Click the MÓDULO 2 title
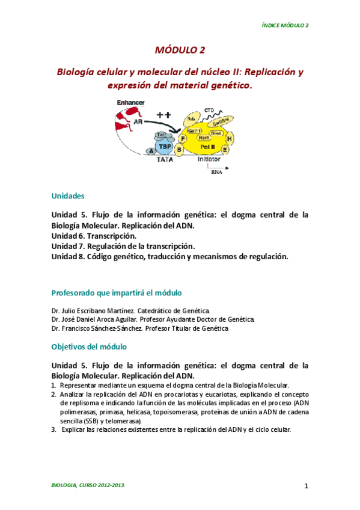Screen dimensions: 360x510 coord(180,51)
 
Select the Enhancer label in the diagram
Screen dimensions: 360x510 coord(130,103)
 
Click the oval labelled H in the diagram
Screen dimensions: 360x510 coord(230,139)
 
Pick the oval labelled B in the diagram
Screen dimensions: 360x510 coord(179,149)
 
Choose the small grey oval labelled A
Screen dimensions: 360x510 coord(151,152)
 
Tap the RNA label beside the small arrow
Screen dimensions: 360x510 coord(216,171)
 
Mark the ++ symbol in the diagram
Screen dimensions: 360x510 coord(164,114)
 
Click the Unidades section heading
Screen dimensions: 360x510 coord(68,197)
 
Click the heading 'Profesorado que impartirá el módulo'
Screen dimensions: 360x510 coord(116,292)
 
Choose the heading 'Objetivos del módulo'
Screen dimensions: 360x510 coord(88,347)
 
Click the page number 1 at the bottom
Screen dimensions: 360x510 coord(305,485)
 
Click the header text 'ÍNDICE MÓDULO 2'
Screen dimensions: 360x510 coord(285,25)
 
